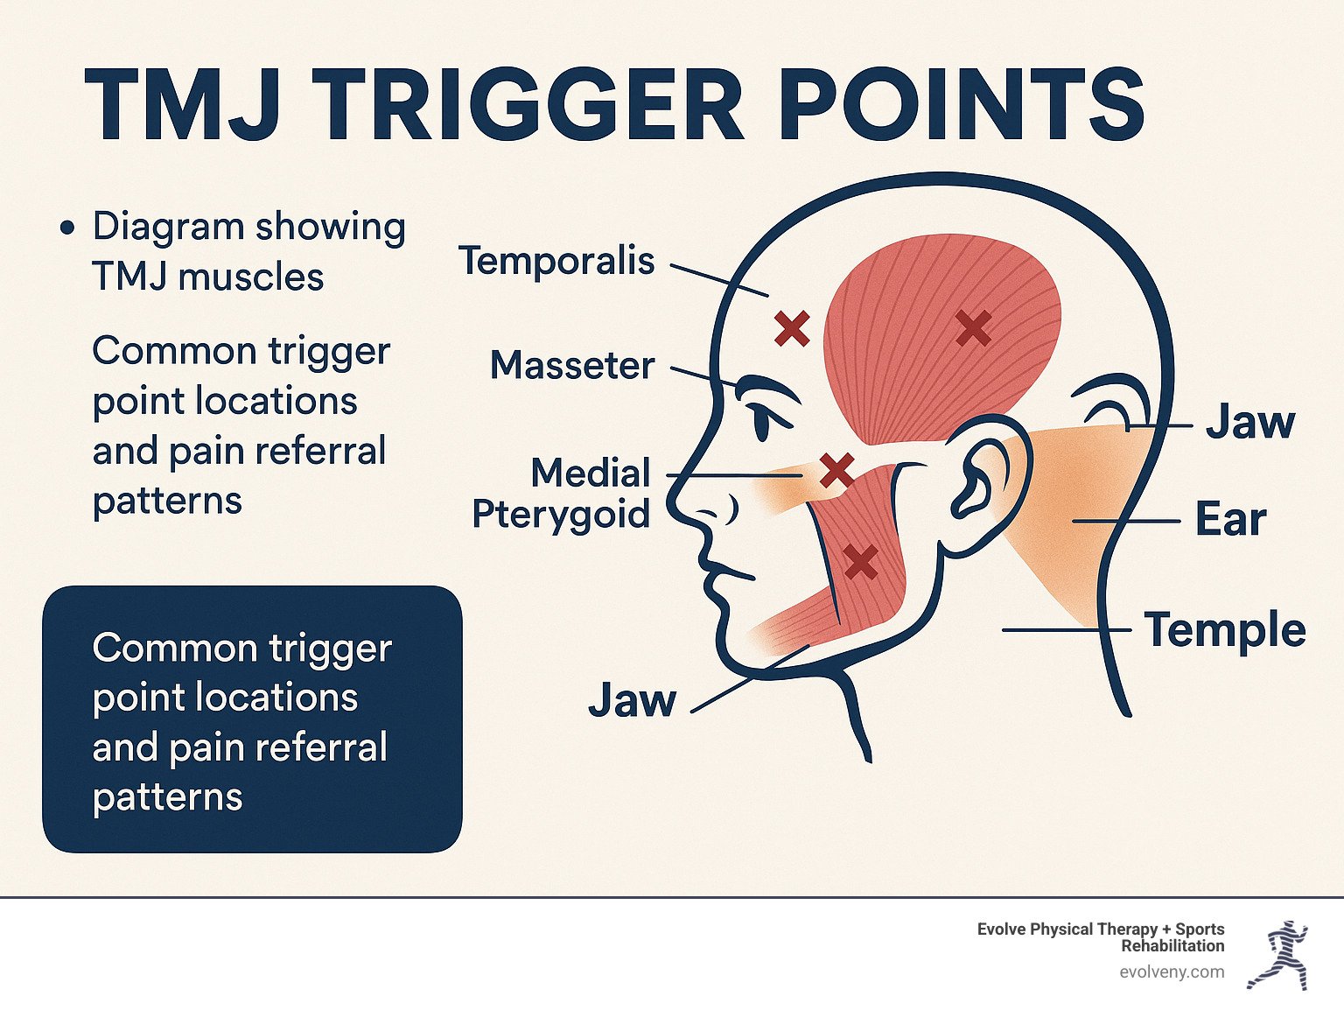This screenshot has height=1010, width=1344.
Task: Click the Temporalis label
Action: pos(556,260)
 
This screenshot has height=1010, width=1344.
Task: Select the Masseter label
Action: pos(572,365)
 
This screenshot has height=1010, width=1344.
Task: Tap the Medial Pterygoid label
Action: pos(562,494)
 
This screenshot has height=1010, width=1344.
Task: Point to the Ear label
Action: pos(1230,520)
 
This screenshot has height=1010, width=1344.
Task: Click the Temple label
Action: pos(1225,630)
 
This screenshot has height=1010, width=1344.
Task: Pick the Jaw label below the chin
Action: pos(632,700)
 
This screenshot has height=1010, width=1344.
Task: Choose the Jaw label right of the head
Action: pos(1249,423)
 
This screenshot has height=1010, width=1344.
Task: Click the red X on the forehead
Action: pos(792,329)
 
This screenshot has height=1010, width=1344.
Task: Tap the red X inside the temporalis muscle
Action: pos(973,328)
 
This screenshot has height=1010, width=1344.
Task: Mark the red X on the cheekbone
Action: pos(836,471)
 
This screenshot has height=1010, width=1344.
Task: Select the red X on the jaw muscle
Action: pos(861,562)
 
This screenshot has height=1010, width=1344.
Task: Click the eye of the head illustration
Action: pos(763,421)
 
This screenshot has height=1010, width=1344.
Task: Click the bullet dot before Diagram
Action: pos(67,228)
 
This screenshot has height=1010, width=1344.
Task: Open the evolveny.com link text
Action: pos(1172,972)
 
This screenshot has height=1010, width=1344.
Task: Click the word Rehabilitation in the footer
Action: pos(1172,946)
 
